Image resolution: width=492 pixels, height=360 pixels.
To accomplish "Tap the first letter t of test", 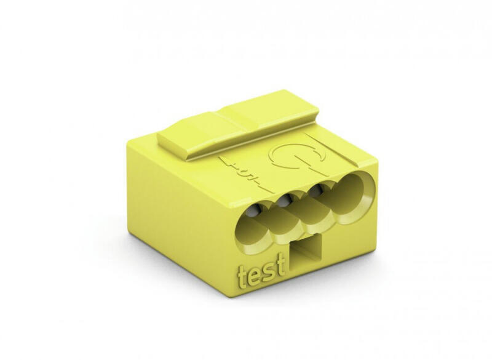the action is (242, 276).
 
